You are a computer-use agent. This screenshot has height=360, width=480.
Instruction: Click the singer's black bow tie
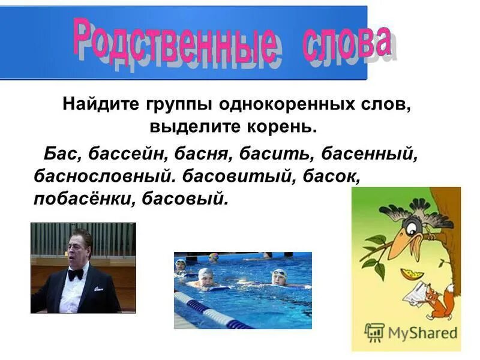pos(75,275)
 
